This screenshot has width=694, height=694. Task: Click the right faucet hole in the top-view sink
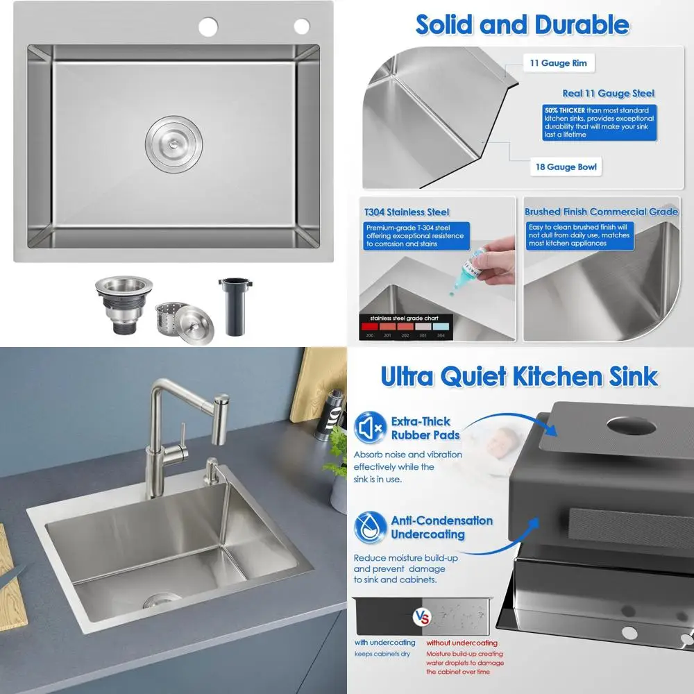[x=301, y=26]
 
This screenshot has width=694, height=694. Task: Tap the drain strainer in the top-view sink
[x=173, y=144]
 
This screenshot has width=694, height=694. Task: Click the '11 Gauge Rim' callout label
[x=558, y=63]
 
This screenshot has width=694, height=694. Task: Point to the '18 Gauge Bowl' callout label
[x=567, y=167]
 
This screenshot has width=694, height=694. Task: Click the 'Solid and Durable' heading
[x=522, y=25]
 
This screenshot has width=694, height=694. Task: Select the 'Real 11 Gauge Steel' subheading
[x=608, y=93]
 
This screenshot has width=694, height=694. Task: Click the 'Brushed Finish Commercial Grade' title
[x=601, y=212]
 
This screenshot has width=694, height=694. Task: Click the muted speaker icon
[x=369, y=428]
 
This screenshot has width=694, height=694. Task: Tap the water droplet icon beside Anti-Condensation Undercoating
[x=369, y=527]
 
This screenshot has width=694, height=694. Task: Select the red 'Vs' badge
[x=422, y=616]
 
